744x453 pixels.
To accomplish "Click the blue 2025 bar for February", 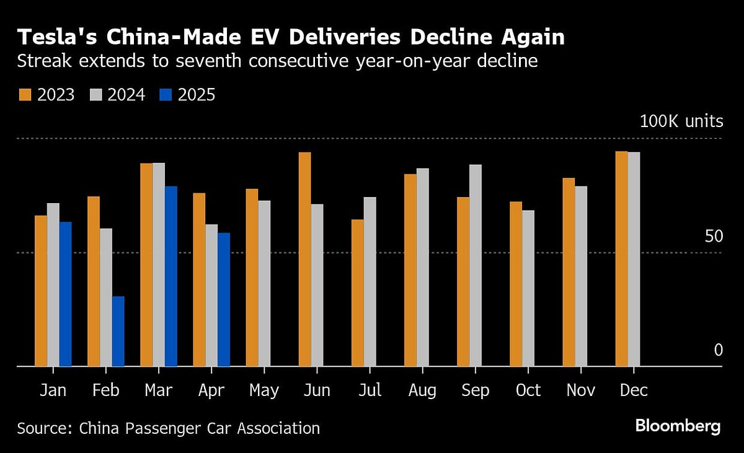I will (118, 332).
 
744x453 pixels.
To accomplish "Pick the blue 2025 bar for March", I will (171, 276).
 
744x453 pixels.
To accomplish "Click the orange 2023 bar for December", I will (621, 258).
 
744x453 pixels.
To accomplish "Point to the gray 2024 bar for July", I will (370, 281).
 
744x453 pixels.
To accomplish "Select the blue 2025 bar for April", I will (224, 299).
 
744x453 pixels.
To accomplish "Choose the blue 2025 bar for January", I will (66, 294).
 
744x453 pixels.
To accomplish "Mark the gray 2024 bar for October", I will (528, 288).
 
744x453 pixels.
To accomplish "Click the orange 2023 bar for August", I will (410, 270).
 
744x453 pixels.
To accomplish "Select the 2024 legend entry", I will (118, 95).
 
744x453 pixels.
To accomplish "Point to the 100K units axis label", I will (681, 121).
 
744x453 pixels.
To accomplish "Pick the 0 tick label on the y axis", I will (718, 350).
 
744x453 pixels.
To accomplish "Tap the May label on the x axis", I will (264, 390).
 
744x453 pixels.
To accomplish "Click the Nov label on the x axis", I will (581, 390).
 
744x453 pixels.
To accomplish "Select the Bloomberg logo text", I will (678, 426).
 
